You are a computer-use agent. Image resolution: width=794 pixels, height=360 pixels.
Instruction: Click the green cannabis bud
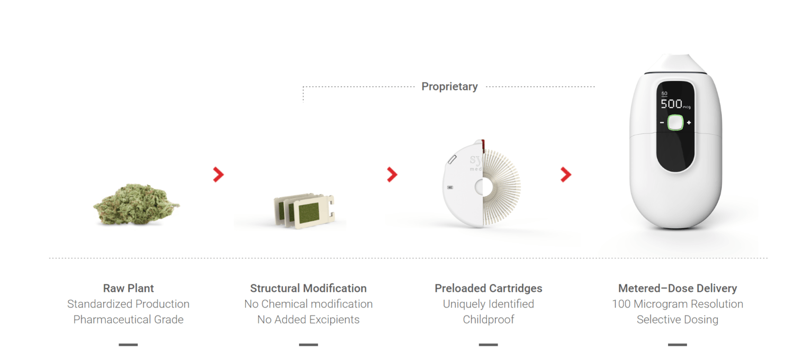point(136,204)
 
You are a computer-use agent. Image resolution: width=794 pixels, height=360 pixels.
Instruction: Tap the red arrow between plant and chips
point(218,175)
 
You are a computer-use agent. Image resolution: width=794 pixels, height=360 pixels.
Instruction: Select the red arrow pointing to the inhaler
point(566,175)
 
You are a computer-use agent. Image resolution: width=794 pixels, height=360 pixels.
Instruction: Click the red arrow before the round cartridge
point(392,175)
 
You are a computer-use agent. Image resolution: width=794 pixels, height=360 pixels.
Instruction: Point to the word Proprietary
point(449,86)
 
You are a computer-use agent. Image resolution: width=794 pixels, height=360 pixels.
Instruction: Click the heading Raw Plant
point(128,288)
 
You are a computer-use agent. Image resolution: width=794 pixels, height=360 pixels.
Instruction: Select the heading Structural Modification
point(309,288)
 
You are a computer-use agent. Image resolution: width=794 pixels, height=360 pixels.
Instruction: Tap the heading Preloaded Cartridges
point(489,288)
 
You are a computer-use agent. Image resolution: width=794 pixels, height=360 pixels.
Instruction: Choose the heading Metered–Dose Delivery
point(678,288)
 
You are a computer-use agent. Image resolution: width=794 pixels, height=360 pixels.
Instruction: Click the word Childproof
point(489,320)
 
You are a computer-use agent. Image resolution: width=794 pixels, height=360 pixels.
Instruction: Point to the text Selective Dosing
point(678,320)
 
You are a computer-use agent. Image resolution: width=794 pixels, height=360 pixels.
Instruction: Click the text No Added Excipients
point(309,320)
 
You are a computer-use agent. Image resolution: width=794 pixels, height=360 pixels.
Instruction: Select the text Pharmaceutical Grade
point(128,320)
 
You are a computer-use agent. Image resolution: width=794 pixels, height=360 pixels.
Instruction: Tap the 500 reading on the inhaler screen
point(671,104)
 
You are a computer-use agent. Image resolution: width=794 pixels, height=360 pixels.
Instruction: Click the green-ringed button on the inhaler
point(675,123)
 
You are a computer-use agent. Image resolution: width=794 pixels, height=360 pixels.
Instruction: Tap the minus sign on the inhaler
point(662,123)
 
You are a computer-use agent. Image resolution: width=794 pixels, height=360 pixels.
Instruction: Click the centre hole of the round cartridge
point(483,187)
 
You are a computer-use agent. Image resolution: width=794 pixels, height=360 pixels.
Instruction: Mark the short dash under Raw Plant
point(128,345)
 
